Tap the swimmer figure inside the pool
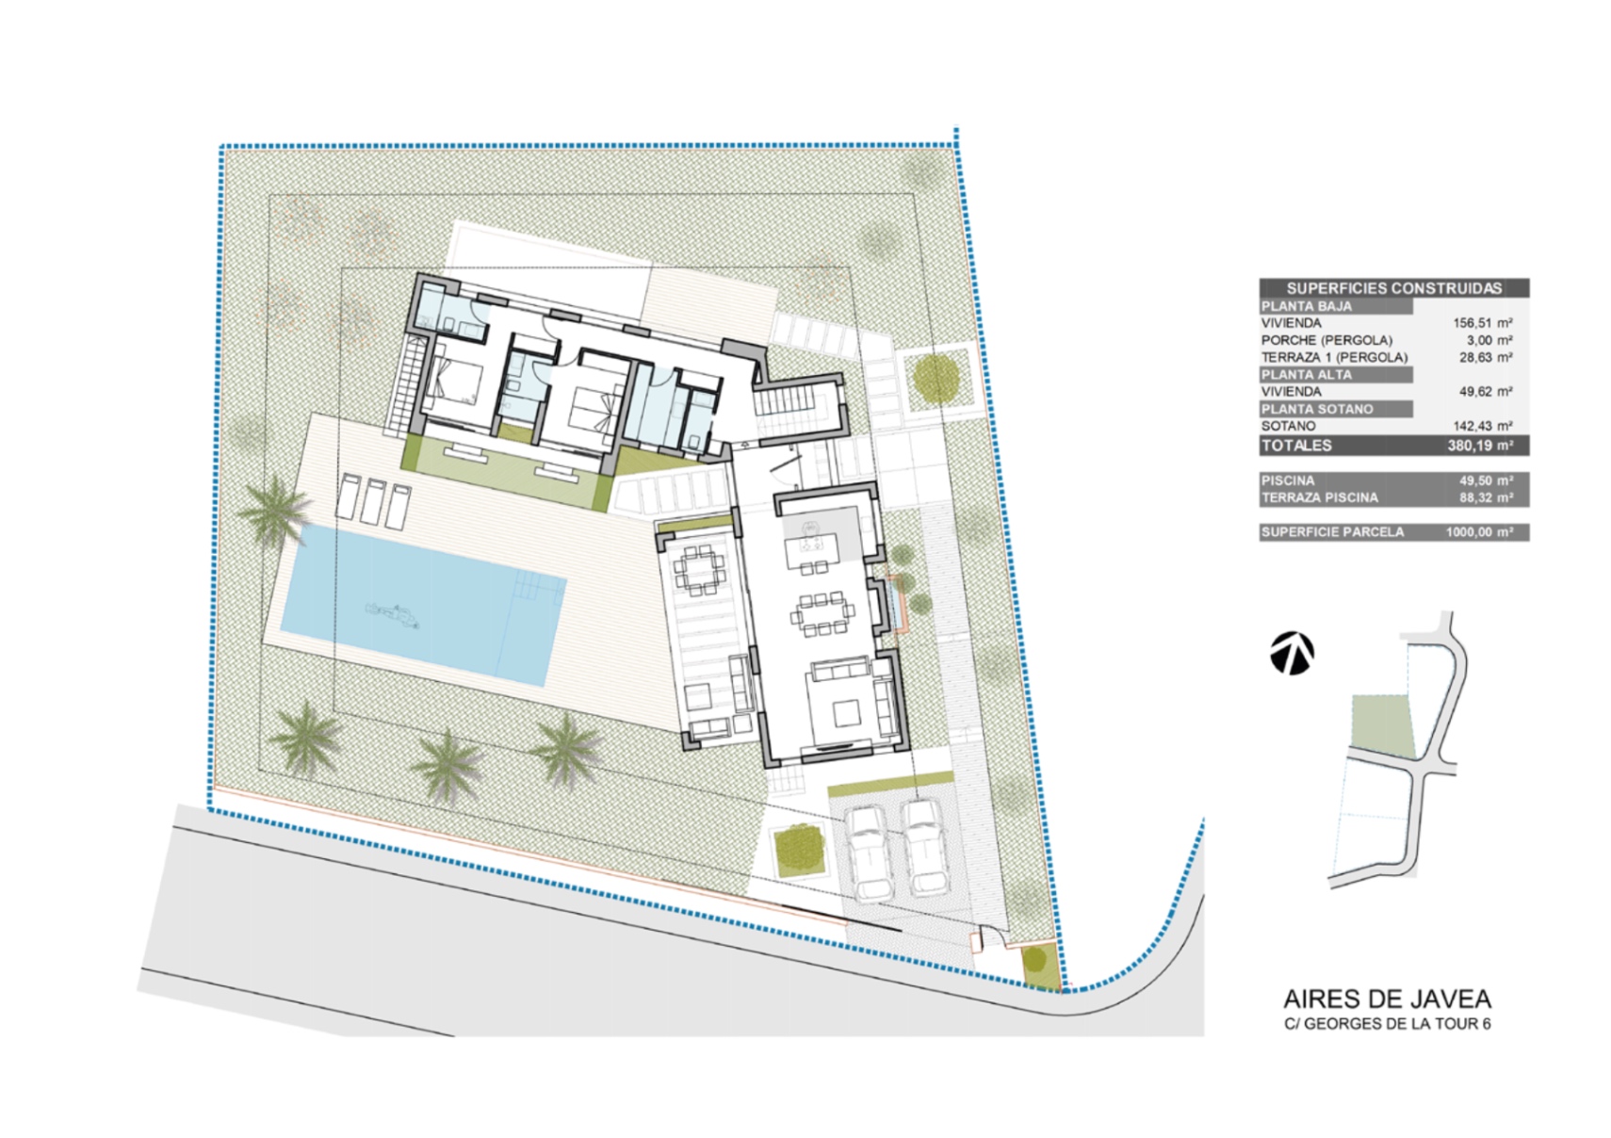(393, 614)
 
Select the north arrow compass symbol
(1292, 653)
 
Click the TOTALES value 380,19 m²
(1480, 446)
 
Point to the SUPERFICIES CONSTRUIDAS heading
(1393, 288)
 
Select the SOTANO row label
(1288, 427)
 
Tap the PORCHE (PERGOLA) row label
(1326, 340)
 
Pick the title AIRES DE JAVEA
(1388, 1000)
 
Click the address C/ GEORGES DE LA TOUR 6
(1388, 1024)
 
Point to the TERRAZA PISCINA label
(1320, 497)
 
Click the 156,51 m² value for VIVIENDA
(1482, 323)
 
